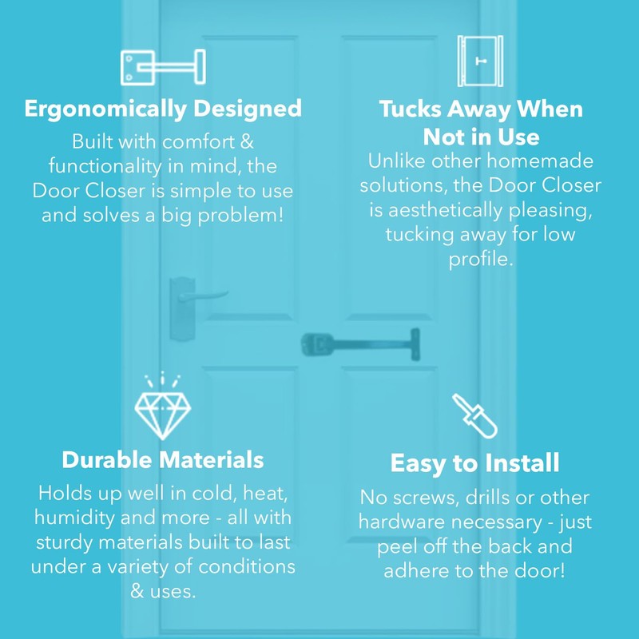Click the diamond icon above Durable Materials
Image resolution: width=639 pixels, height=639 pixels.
(x=162, y=407)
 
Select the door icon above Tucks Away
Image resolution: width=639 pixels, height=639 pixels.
(x=480, y=62)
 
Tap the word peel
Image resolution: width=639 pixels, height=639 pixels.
(x=403, y=547)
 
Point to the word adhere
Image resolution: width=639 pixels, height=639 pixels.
(x=416, y=572)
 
